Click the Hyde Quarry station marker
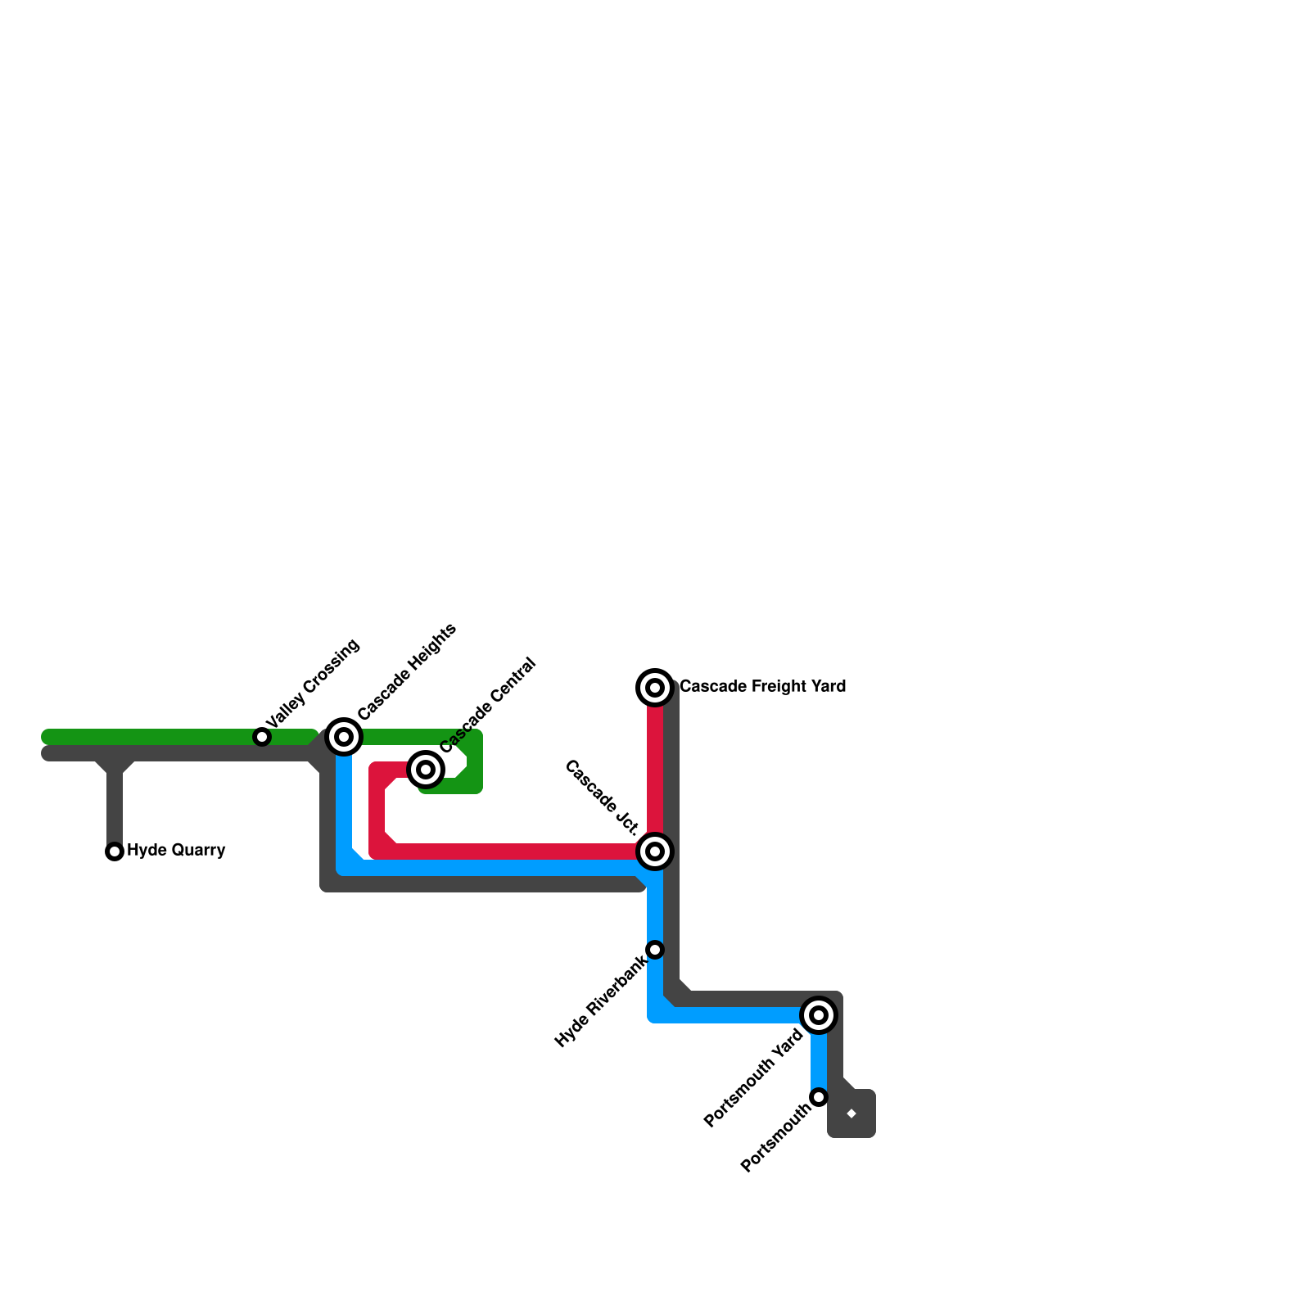click(115, 851)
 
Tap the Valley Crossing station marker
click(262, 737)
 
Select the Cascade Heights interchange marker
click(345, 737)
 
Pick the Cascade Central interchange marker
click(426, 769)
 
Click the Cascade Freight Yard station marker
click(655, 688)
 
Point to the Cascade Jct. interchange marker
click(655, 851)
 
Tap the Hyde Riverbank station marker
click(655, 950)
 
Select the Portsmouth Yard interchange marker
click(819, 1015)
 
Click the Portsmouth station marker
click(819, 1097)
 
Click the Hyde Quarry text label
click(176, 851)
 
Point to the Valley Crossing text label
click(314, 684)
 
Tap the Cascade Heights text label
click(407, 672)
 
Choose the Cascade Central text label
click(488, 705)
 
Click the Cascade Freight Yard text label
click(762, 686)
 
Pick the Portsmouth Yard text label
click(754, 1078)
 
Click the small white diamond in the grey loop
click(851, 1113)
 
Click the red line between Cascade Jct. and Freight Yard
click(655, 770)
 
